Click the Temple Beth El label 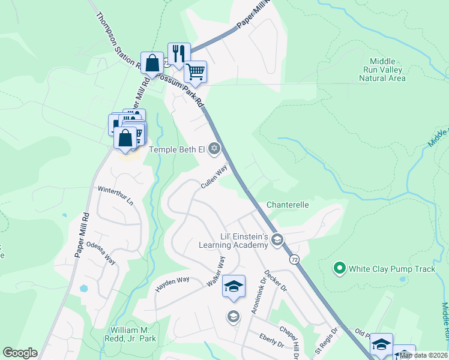tap(176, 149)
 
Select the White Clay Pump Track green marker tap(339, 268)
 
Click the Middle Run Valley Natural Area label tap(387, 70)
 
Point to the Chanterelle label tap(288, 205)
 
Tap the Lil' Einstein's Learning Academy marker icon tap(277, 241)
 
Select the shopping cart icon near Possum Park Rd tap(196, 72)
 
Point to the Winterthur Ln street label tap(116, 195)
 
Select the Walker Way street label tap(216, 271)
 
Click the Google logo tap(20, 352)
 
